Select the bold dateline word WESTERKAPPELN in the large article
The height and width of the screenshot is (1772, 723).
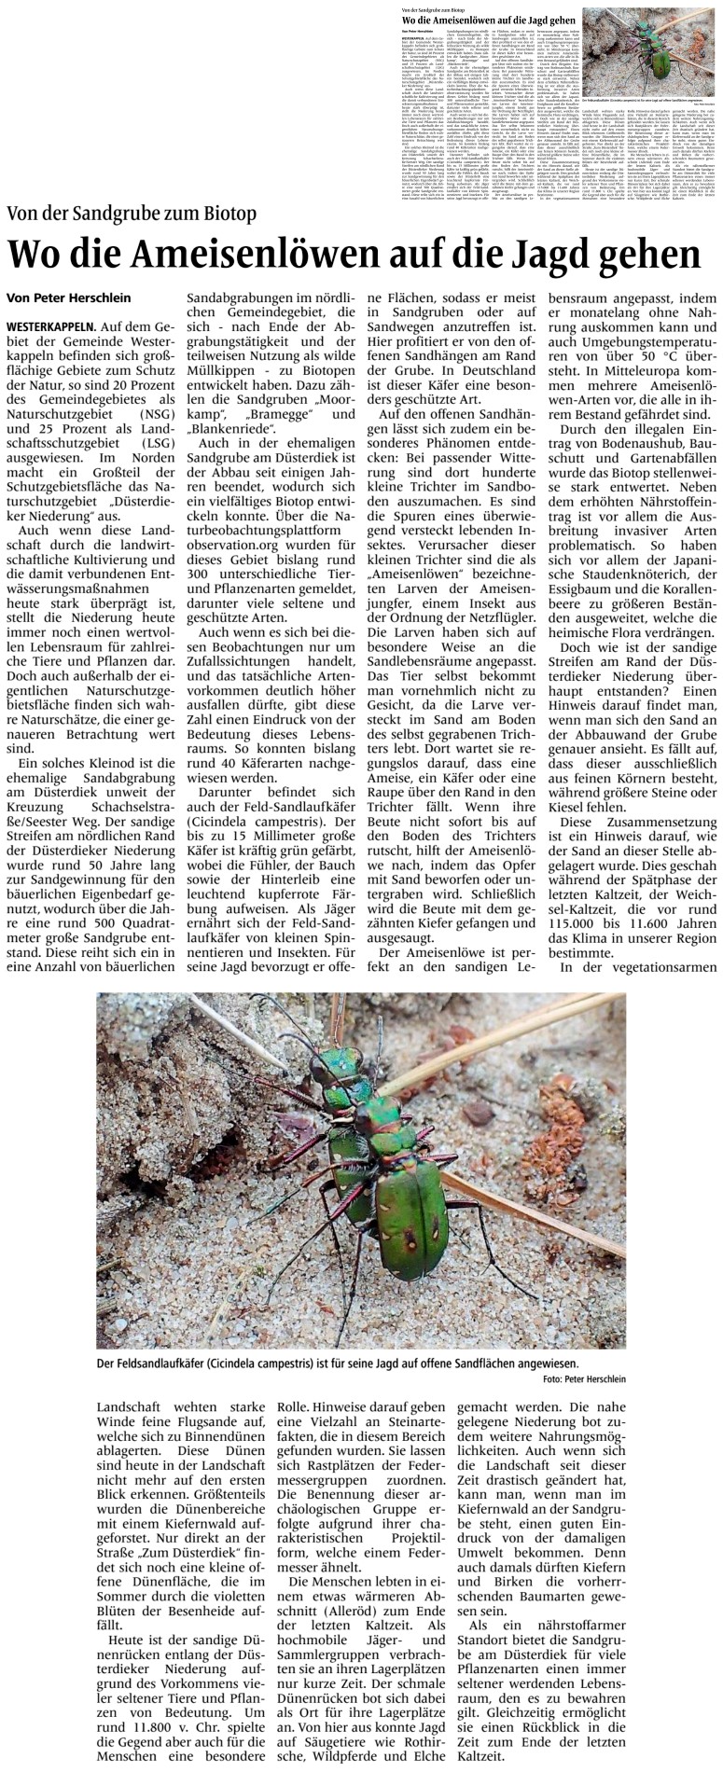click(49, 326)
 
